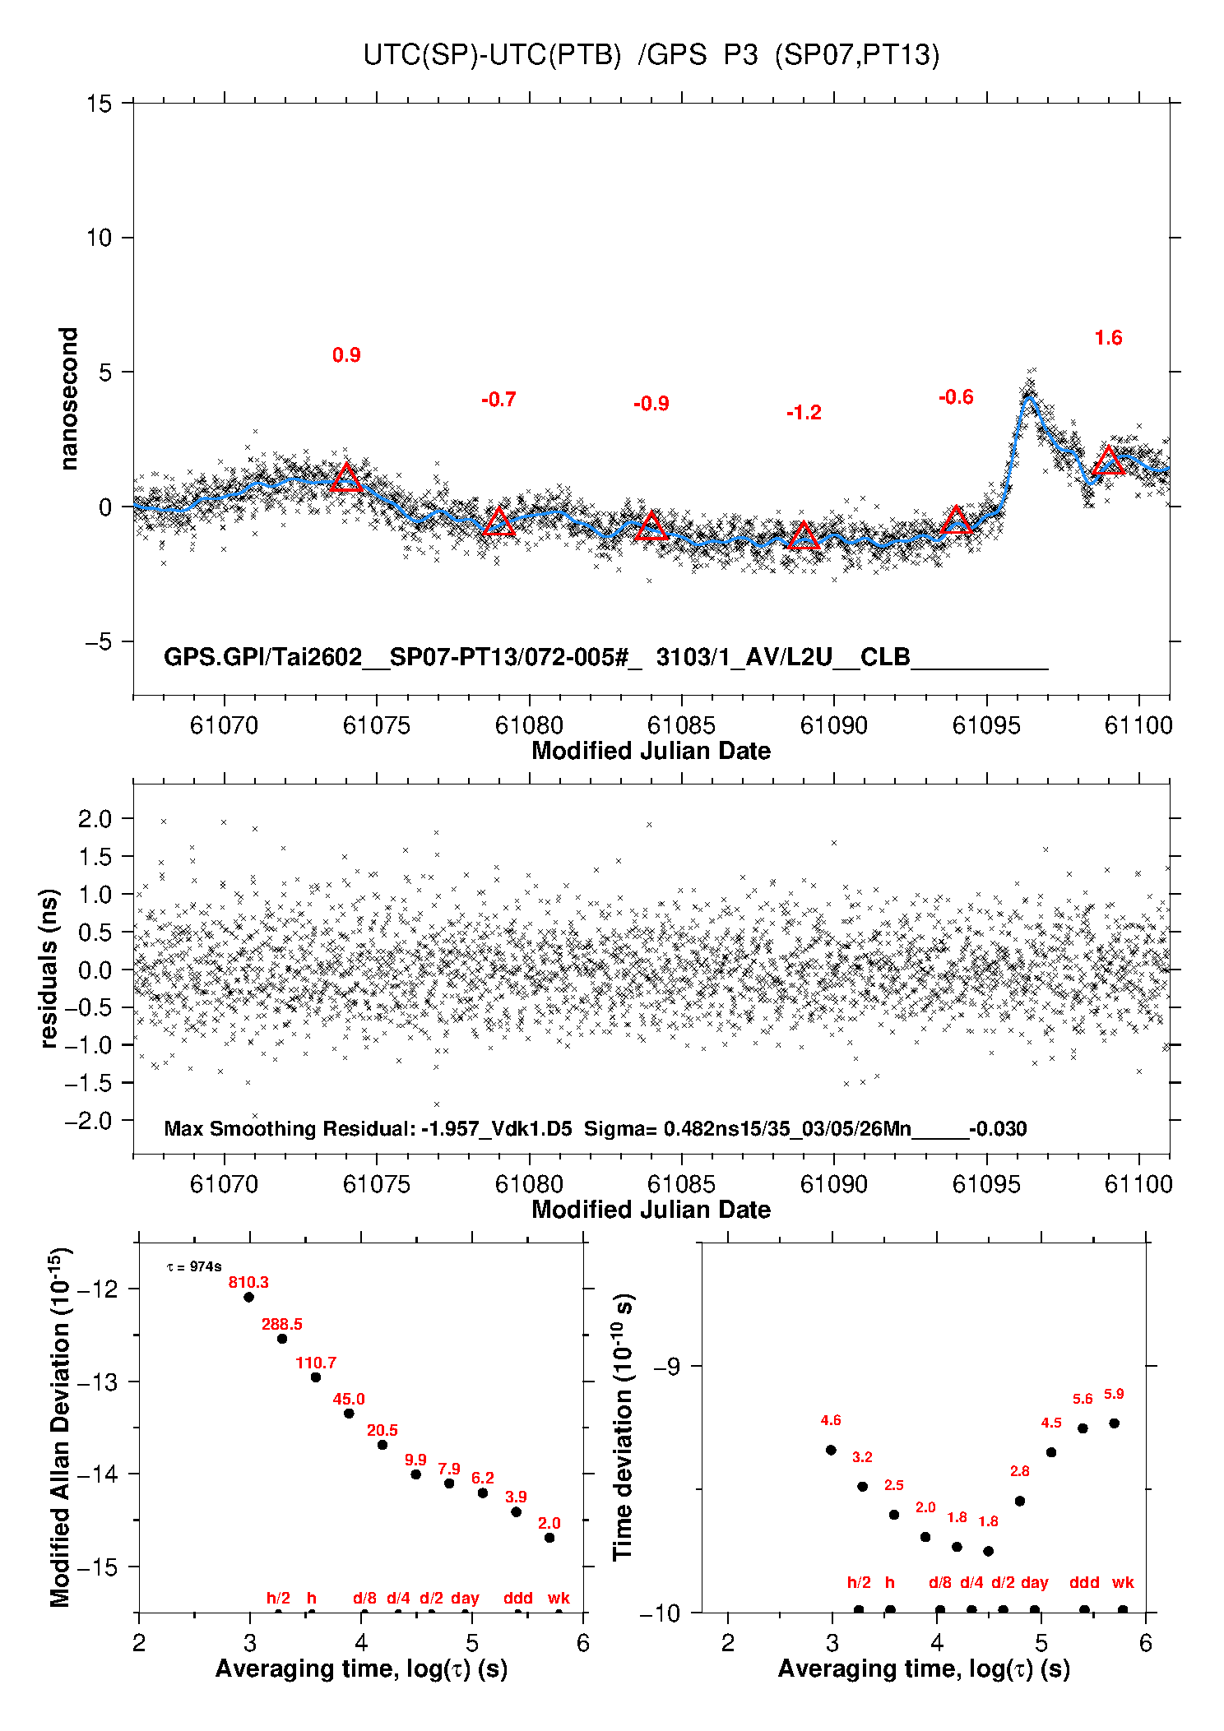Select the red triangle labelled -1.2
804,536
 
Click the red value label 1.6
1108,338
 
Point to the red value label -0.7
498,400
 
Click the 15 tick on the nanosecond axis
100,104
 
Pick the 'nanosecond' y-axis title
69,398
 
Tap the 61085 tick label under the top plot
681,725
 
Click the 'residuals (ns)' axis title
49,968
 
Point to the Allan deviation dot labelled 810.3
248,1297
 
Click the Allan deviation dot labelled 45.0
349,1414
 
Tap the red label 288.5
282,1324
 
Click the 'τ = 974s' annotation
194,1267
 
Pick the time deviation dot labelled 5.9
1114,1423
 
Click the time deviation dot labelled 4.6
831,1450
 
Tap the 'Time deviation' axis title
623,1427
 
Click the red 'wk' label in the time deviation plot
1123,1582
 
